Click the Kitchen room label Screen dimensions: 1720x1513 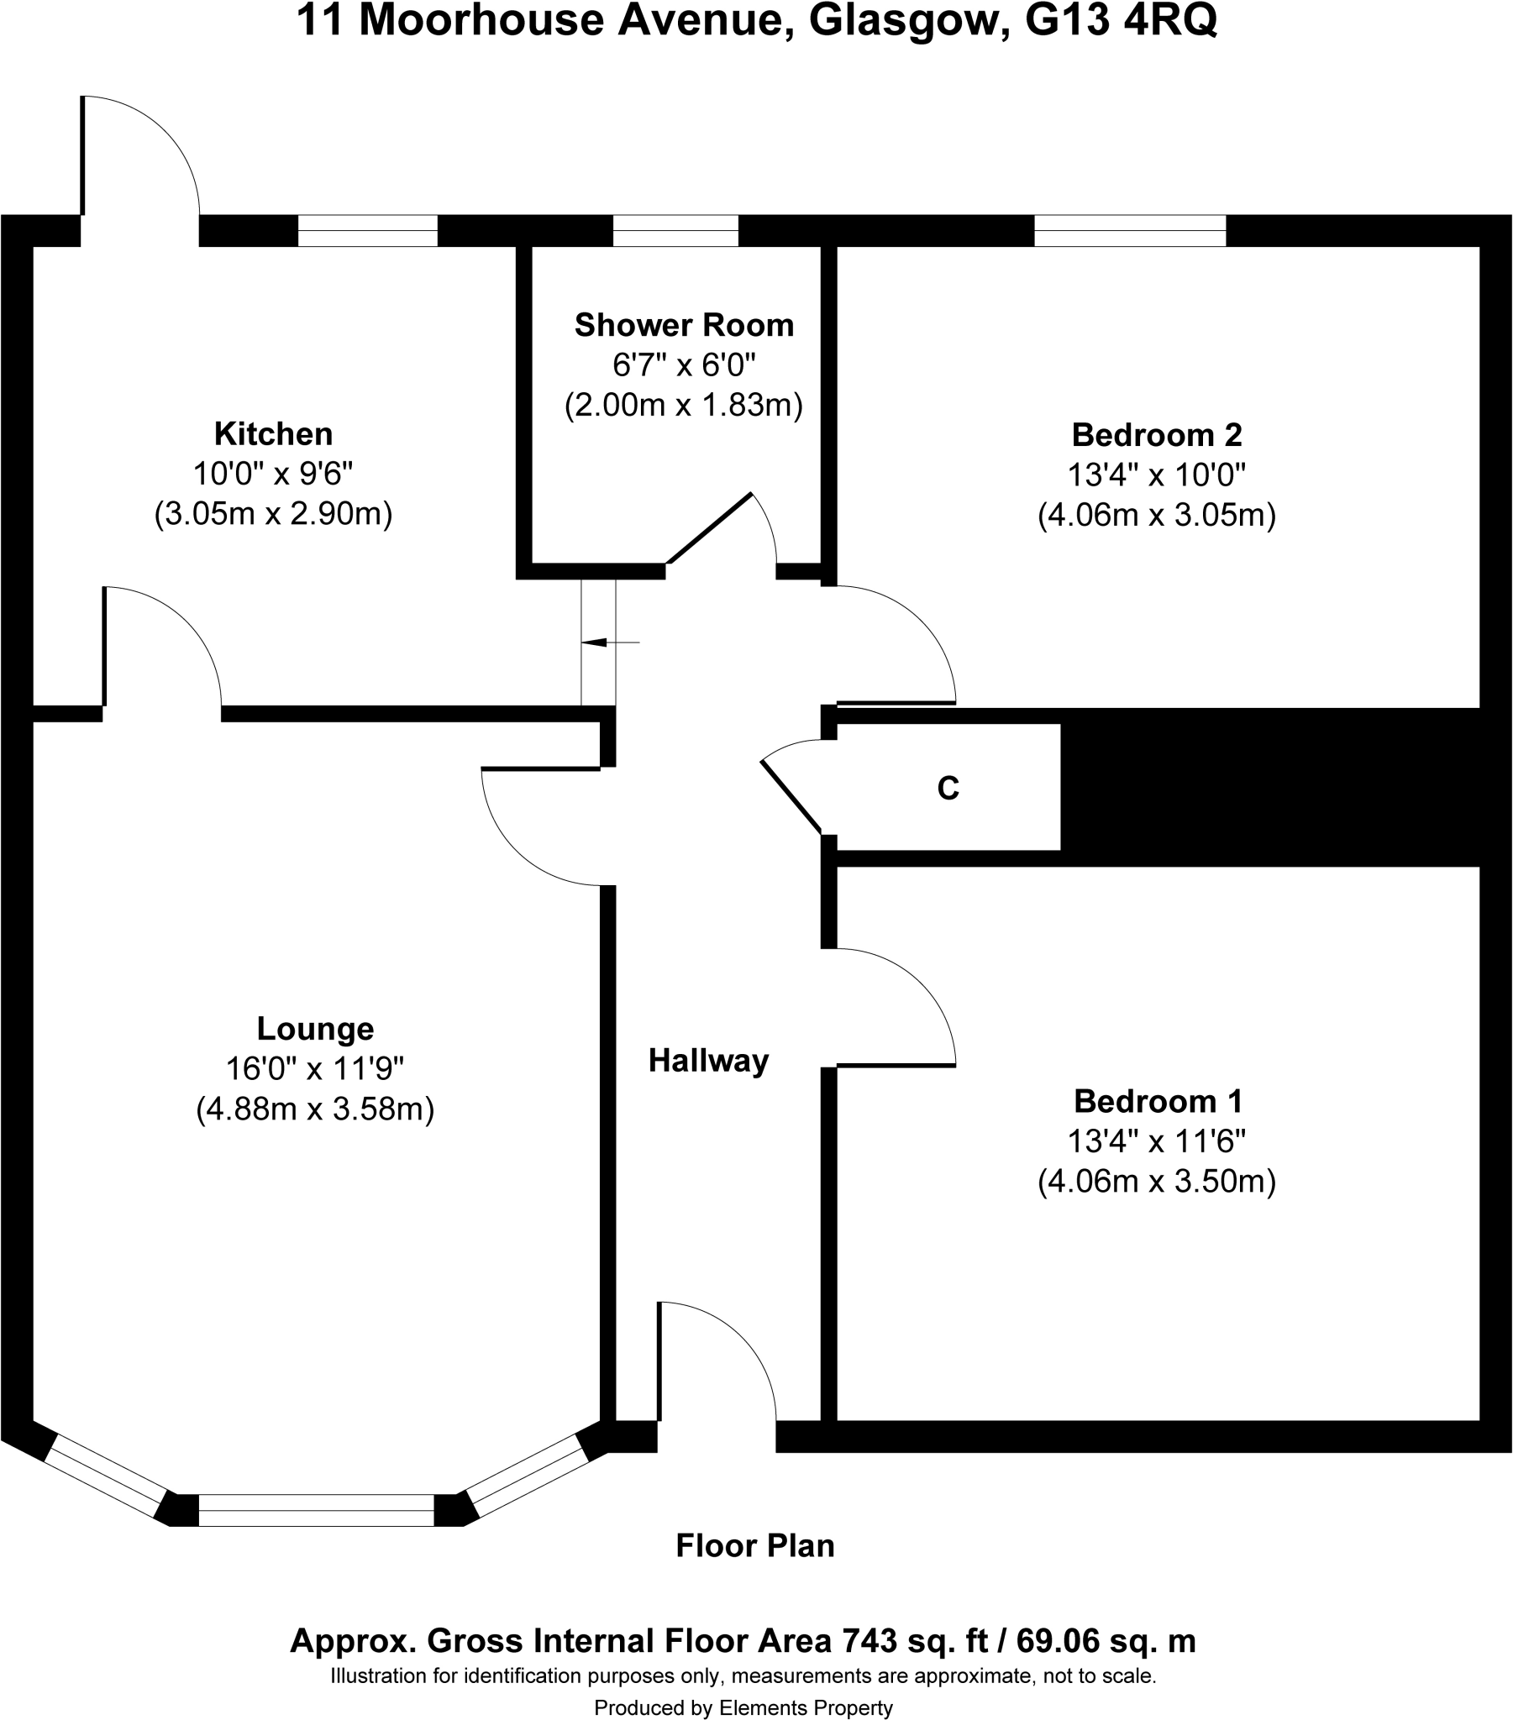click(274, 434)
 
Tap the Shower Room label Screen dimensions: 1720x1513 click(684, 326)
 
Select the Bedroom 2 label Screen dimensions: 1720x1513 click(1156, 435)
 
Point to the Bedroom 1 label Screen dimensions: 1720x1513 click(1158, 1102)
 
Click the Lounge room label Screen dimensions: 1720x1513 click(315, 1028)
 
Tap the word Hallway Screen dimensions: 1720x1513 click(708, 1061)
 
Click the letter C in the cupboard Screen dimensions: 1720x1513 click(948, 789)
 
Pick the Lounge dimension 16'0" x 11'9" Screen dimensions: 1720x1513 click(315, 1068)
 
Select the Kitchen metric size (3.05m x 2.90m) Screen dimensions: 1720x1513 click(274, 513)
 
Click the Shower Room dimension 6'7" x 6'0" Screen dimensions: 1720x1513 click(684, 365)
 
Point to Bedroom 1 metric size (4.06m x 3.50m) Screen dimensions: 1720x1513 click(1157, 1182)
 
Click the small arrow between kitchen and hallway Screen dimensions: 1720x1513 click(595, 642)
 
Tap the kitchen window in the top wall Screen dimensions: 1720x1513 click(368, 231)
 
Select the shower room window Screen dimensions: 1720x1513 click(675, 231)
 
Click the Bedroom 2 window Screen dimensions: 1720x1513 click(1130, 231)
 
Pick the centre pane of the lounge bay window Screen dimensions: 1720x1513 click(316, 1511)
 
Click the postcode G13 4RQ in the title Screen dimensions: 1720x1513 click(1121, 22)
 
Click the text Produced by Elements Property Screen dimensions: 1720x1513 click(743, 1707)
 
